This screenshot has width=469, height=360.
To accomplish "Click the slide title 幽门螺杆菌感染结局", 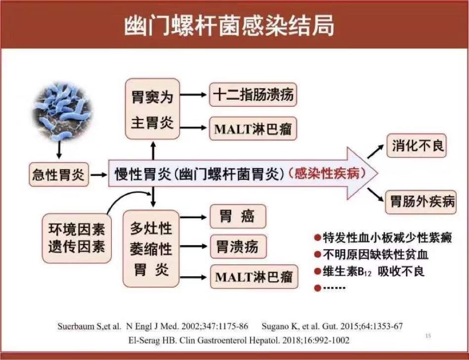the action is (229, 26).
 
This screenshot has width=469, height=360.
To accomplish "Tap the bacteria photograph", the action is (62, 111).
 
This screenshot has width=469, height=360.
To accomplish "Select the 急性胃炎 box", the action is (59, 175).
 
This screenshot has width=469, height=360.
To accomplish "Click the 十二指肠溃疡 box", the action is (253, 95).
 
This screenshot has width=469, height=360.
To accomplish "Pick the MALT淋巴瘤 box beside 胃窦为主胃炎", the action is (253, 129).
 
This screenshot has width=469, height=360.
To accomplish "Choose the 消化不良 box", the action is (416, 146).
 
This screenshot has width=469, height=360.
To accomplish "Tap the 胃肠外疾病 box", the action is (420, 202).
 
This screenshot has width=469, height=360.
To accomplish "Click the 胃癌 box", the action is (238, 217).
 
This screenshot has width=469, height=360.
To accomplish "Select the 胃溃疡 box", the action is (238, 247).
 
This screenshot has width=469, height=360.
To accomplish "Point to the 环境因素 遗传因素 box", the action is (77, 238).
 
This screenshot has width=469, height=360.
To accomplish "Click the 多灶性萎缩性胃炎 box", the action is (151, 248).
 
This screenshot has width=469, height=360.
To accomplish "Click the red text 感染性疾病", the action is (327, 174).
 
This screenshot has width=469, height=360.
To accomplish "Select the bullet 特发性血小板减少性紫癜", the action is (383, 238).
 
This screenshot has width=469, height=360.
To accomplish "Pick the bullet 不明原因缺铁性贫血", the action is (371, 255).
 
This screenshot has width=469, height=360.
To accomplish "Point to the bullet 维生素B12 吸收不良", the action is (369, 272).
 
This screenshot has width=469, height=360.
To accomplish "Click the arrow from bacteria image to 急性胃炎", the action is (59, 150).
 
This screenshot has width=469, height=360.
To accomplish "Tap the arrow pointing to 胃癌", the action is (193, 217).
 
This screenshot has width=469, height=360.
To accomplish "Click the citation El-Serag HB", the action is (239, 340).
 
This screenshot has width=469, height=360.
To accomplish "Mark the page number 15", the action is (428, 336).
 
